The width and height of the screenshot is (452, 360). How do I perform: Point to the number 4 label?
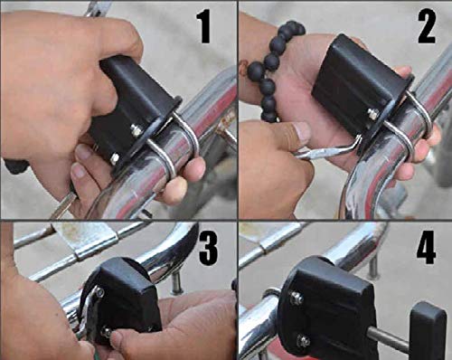pyautogui.click(x=427, y=246)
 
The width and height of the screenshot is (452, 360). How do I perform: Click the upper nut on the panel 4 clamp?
pyautogui.click(x=296, y=298)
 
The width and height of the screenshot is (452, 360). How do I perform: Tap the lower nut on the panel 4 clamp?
pyautogui.click(x=304, y=341)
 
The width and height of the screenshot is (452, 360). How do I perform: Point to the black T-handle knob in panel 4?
pyautogui.click(x=427, y=331)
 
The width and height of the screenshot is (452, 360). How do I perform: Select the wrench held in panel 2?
pyautogui.click(x=325, y=149)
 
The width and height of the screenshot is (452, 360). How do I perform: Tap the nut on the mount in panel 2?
pyautogui.click(x=372, y=114)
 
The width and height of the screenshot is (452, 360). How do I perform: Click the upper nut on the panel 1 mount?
pyautogui.click(x=137, y=130)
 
